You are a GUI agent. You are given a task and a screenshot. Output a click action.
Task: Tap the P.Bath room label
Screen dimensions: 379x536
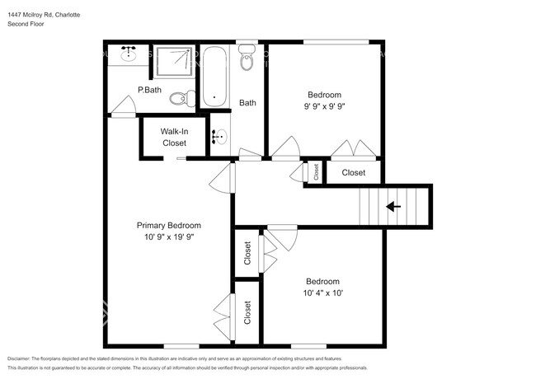tap(149, 89)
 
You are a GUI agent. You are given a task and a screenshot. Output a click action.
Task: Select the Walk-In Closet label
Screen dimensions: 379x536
tap(174, 137)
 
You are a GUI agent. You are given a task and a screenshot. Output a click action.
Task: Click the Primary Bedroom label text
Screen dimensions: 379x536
tap(168, 225)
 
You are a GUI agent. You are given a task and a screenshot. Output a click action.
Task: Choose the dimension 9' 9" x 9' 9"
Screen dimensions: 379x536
tap(324, 106)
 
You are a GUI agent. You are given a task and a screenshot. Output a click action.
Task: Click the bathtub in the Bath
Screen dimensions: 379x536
tap(214, 78)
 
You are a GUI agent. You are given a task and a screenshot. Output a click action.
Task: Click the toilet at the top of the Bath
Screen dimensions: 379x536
tap(247, 58)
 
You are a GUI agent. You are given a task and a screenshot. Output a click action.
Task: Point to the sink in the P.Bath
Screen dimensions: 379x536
tap(129, 56)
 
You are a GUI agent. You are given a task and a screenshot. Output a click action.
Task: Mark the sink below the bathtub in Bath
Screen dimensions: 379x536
tap(219, 138)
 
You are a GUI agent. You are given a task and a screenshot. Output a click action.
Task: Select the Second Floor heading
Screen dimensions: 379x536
tap(26, 25)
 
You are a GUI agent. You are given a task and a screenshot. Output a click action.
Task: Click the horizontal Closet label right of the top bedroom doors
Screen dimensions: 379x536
tap(354, 172)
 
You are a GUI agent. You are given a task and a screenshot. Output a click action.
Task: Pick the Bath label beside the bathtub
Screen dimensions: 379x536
tap(247, 103)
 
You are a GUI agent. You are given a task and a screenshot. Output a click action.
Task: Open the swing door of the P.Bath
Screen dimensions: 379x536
tap(122, 105)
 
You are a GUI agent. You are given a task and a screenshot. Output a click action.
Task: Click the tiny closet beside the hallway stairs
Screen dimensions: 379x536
tap(315, 171)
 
